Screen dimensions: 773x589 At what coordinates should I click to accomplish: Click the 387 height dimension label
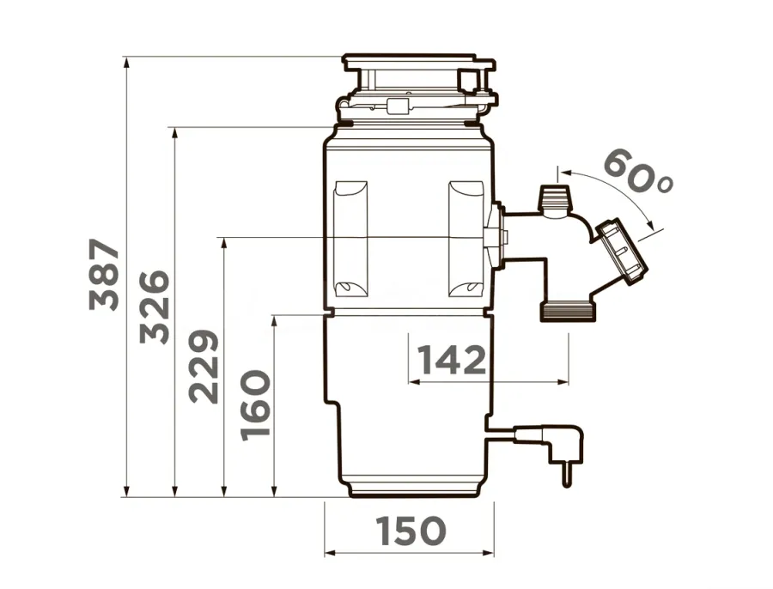(x=105, y=275)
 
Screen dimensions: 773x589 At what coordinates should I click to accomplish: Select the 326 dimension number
(x=155, y=307)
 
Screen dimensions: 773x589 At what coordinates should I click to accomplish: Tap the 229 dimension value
(x=204, y=367)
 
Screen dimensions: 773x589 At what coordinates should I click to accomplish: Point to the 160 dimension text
(x=255, y=405)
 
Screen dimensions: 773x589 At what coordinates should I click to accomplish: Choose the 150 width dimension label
(x=411, y=531)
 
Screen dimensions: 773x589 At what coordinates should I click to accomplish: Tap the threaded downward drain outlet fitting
(x=569, y=312)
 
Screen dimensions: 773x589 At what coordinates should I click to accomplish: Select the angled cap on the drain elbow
(x=622, y=252)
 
